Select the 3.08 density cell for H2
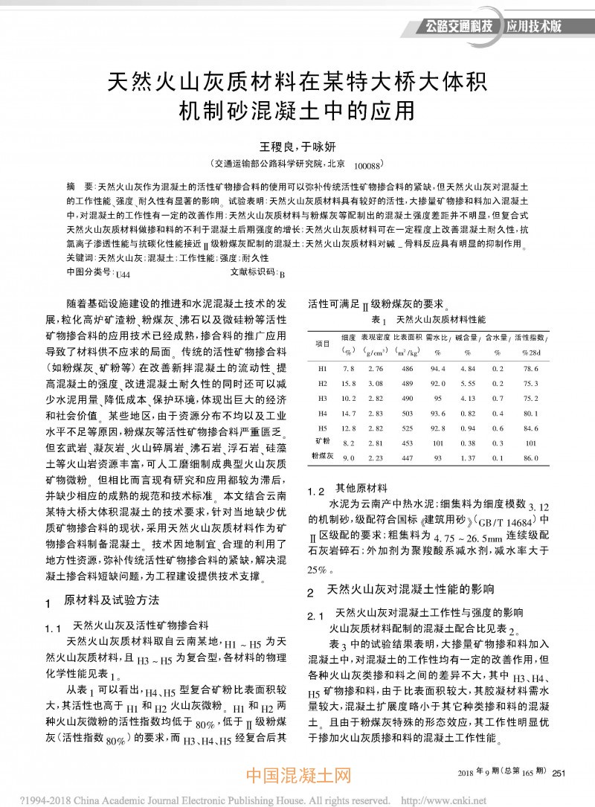click(x=375, y=383)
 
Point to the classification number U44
click(x=123, y=274)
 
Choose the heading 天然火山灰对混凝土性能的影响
click(x=420, y=592)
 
